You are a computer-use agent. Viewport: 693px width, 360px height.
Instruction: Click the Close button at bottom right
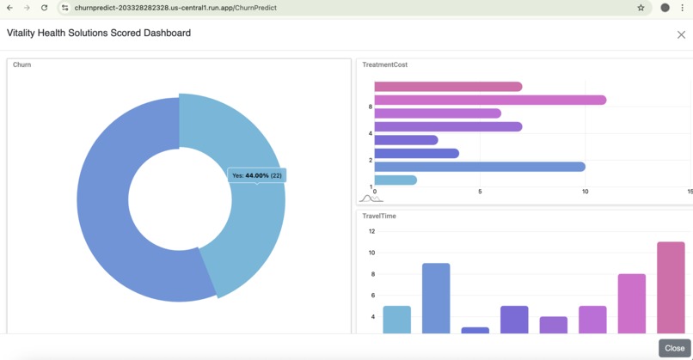[674, 348]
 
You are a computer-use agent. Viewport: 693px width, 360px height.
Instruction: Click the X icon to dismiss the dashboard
[681, 35]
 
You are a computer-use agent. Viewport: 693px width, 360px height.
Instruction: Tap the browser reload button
[44, 8]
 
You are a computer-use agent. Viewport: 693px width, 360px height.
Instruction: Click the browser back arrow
[9, 8]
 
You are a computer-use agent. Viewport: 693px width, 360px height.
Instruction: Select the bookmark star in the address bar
[641, 8]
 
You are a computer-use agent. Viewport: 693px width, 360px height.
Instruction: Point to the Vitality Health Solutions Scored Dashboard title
[99, 34]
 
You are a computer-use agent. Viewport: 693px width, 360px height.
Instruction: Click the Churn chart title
[22, 64]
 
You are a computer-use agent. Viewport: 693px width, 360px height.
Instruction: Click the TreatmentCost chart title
[384, 64]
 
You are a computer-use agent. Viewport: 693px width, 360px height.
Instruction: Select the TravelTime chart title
[379, 217]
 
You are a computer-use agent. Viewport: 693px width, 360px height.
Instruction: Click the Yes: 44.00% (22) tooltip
[257, 175]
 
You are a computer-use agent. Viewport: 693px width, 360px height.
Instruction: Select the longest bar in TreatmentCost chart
[490, 100]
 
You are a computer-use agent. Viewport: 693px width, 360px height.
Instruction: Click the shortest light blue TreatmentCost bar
[396, 180]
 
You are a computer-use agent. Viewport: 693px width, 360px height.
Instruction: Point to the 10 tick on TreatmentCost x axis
[585, 192]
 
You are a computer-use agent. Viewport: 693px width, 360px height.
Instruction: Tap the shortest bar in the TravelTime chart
[475, 330]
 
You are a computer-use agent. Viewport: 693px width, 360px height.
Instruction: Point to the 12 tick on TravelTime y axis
[371, 231]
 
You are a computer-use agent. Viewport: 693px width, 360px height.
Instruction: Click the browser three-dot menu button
[683, 8]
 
